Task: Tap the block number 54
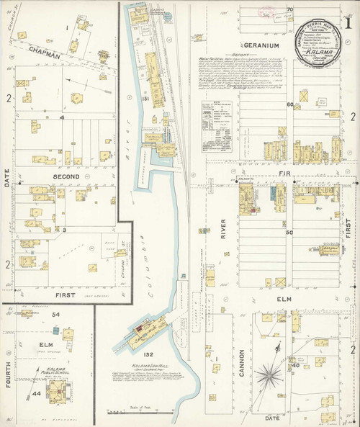click(x=54, y=315)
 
